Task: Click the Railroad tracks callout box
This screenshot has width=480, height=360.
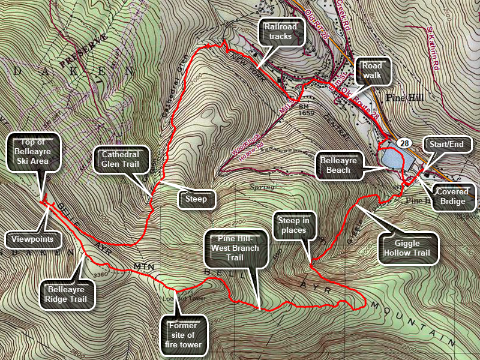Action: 281,31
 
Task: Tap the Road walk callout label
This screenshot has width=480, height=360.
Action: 373,71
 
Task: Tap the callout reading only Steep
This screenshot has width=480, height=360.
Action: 196,199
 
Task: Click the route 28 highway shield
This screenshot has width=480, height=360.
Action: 403,142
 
